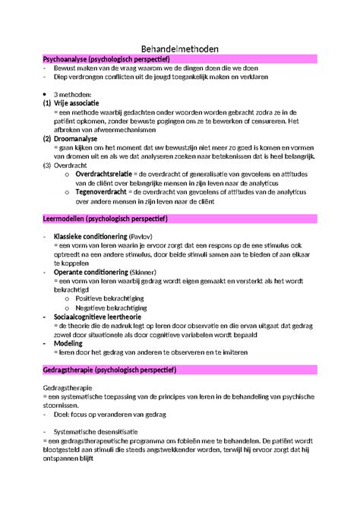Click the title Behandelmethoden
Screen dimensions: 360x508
(x=180, y=48)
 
